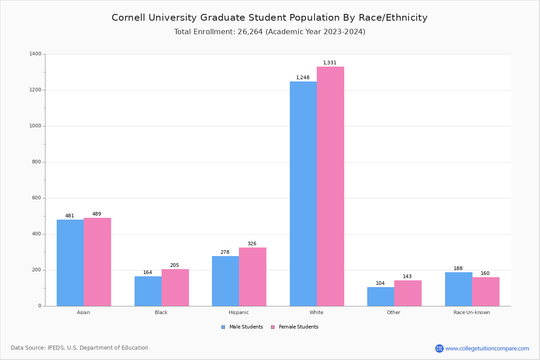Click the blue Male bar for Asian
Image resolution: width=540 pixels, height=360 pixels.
pyautogui.click(x=70, y=263)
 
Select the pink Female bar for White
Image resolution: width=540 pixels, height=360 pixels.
pyautogui.click(x=330, y=186)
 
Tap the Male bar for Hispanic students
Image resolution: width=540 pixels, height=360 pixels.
pyautogui.click(x=225, y=281)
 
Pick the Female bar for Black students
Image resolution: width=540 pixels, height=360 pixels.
pyautogui.click(x=175, y=288)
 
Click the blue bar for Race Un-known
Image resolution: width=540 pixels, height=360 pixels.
pyautogui.click(x=459, y=289)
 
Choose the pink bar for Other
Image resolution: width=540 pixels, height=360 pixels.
pyautogui.click(x=408, y=293)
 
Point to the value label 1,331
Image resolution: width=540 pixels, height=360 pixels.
pyautogui.click(x=330, y=63)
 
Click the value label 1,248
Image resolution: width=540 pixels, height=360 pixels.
pyautogui.click(x=303, y=78)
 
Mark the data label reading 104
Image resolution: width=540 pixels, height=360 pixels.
pyautogui.click(x=380, y=283)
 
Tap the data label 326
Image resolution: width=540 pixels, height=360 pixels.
pyautogui.click(x=252, y=244)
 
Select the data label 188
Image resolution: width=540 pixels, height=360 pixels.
pyautogui.click(x=458, y=269)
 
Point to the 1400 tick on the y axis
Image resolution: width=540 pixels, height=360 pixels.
pyautogui.click(x=35, y=54)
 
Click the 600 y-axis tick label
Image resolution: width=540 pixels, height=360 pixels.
pyautogui.click(x=36, y=198)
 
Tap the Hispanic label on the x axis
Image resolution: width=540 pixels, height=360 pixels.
pyautogui.click(x=238, y=312)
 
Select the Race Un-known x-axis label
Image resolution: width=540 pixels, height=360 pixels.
pyautogui.click(x=472, y=312)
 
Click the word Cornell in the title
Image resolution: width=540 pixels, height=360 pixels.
pyautogui.click(x=129, y=18)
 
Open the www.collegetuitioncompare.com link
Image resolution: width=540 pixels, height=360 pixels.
pyautogui.click(x=487, y=348)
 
